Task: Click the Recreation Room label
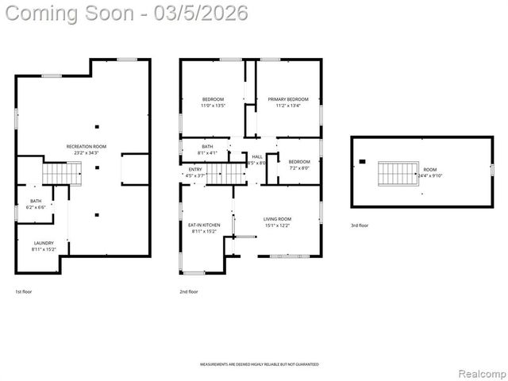(x=86, y=147)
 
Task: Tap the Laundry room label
(x=43, y=243)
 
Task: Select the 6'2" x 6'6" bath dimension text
(x=37, y=207)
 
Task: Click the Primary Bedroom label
(x=287, y=100)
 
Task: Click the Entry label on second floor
(x=195, y=169)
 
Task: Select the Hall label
(x=257, y=157)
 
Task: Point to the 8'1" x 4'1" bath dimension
(x=207, y=152)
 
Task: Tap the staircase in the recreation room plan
(x=62, y=172)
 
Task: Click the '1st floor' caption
(x=24, y=292)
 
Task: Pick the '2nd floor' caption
(x=189, y=292)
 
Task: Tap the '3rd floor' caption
(x=360, y=225)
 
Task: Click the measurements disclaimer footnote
(x=259, y=364)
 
